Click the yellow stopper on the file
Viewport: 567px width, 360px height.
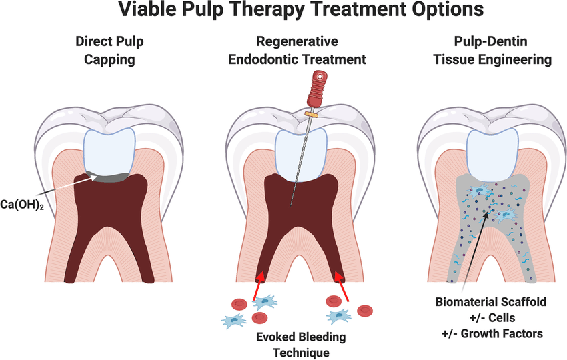pyautogui.click(x=310, y=115)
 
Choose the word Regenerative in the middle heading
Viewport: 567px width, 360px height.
pyautogui.click(x=297, y=41)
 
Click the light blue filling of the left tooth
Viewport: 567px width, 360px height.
pyautogui.click(x=109, y=149)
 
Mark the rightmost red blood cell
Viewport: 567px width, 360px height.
pyautogui.click(x=364, y=310)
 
